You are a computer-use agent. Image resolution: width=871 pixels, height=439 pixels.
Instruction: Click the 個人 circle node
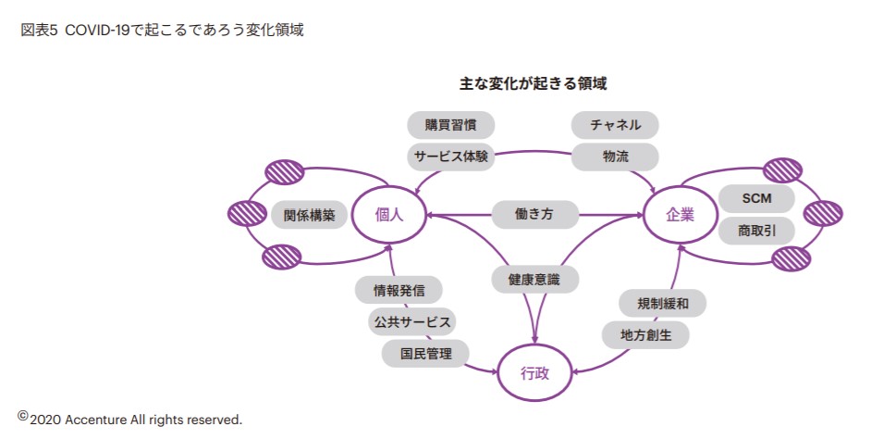tap(387, 215)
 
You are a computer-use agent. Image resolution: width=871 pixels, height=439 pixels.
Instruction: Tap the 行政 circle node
tap(535, 374)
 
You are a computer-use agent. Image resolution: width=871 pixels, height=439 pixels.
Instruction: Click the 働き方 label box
tap(534, 215)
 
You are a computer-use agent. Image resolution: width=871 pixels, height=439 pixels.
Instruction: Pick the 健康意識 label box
tap(534, 278)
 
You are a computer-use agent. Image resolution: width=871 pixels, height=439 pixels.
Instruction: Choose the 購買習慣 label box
tap(451, 125)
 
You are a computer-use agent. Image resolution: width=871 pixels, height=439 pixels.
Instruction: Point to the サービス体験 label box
tap(451, 156)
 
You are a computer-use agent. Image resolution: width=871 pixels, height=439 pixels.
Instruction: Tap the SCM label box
tap(756, 198)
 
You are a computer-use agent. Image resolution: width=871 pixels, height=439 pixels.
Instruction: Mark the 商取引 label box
tap(756, 229)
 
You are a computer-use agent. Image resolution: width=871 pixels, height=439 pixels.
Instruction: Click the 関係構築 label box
tap(309, 215)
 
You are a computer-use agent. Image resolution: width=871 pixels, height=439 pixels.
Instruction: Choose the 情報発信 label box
tap(399, 291)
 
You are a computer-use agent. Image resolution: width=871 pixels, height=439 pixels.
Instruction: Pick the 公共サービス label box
tap(411, 321)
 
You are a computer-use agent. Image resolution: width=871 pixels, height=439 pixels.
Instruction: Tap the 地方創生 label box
tap(645, 333)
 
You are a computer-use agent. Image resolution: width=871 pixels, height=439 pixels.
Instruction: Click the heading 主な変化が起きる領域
tap(534, 83)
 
